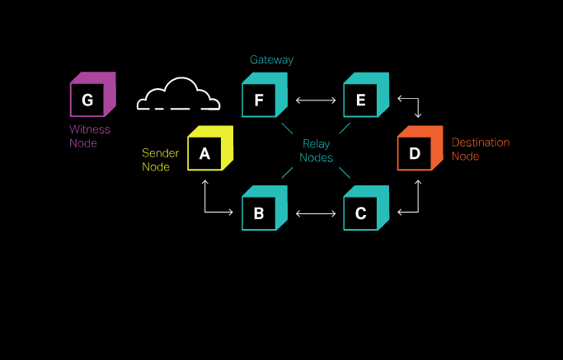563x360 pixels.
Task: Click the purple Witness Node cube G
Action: coord(91,96)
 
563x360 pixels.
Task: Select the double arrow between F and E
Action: coord(316,101)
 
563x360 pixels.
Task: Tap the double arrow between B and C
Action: coord(316,214)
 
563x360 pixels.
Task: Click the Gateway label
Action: coord(271,60)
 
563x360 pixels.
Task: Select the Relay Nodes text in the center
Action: coord(316,151)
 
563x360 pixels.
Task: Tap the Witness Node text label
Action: coord(90,137)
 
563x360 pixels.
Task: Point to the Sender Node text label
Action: coord(160,160)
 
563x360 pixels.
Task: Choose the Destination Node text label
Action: coord(480,149)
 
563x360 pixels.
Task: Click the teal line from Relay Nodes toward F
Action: coord(288,129)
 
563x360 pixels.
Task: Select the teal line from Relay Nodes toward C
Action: coord(345,172)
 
